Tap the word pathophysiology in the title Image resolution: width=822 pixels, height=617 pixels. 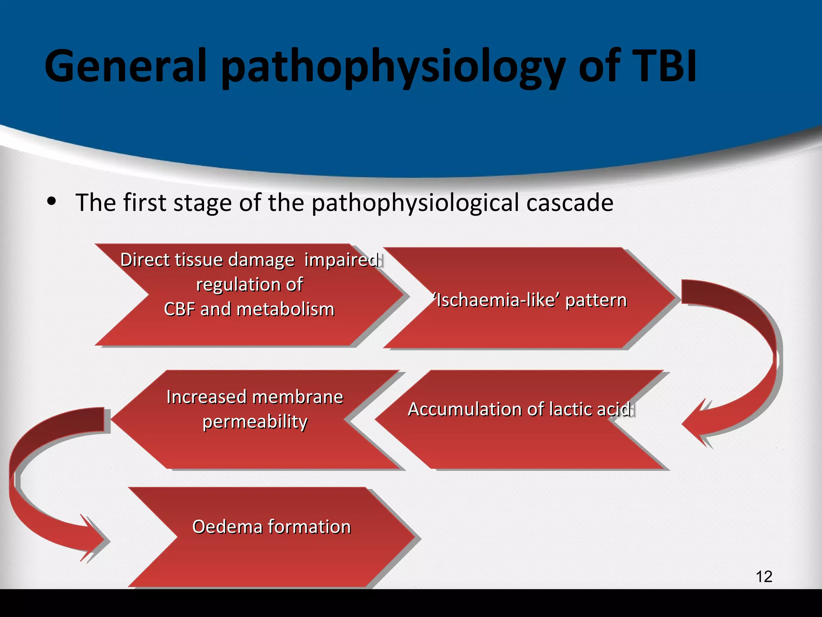pos(393,66)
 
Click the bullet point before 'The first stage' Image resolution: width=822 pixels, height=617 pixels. pos(51,202)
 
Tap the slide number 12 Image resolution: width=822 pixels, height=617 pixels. pos(764,576)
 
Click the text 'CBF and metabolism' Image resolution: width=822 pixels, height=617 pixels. pos(249,309)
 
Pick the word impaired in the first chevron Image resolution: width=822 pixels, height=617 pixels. pos(341,260)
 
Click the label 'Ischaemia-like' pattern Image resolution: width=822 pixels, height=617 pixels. pos(530,300)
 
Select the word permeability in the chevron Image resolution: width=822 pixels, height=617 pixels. pos(255,422)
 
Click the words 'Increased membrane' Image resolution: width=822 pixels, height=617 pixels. pos(255,397)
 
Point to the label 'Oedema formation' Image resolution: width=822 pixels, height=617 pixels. pos(271,527)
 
